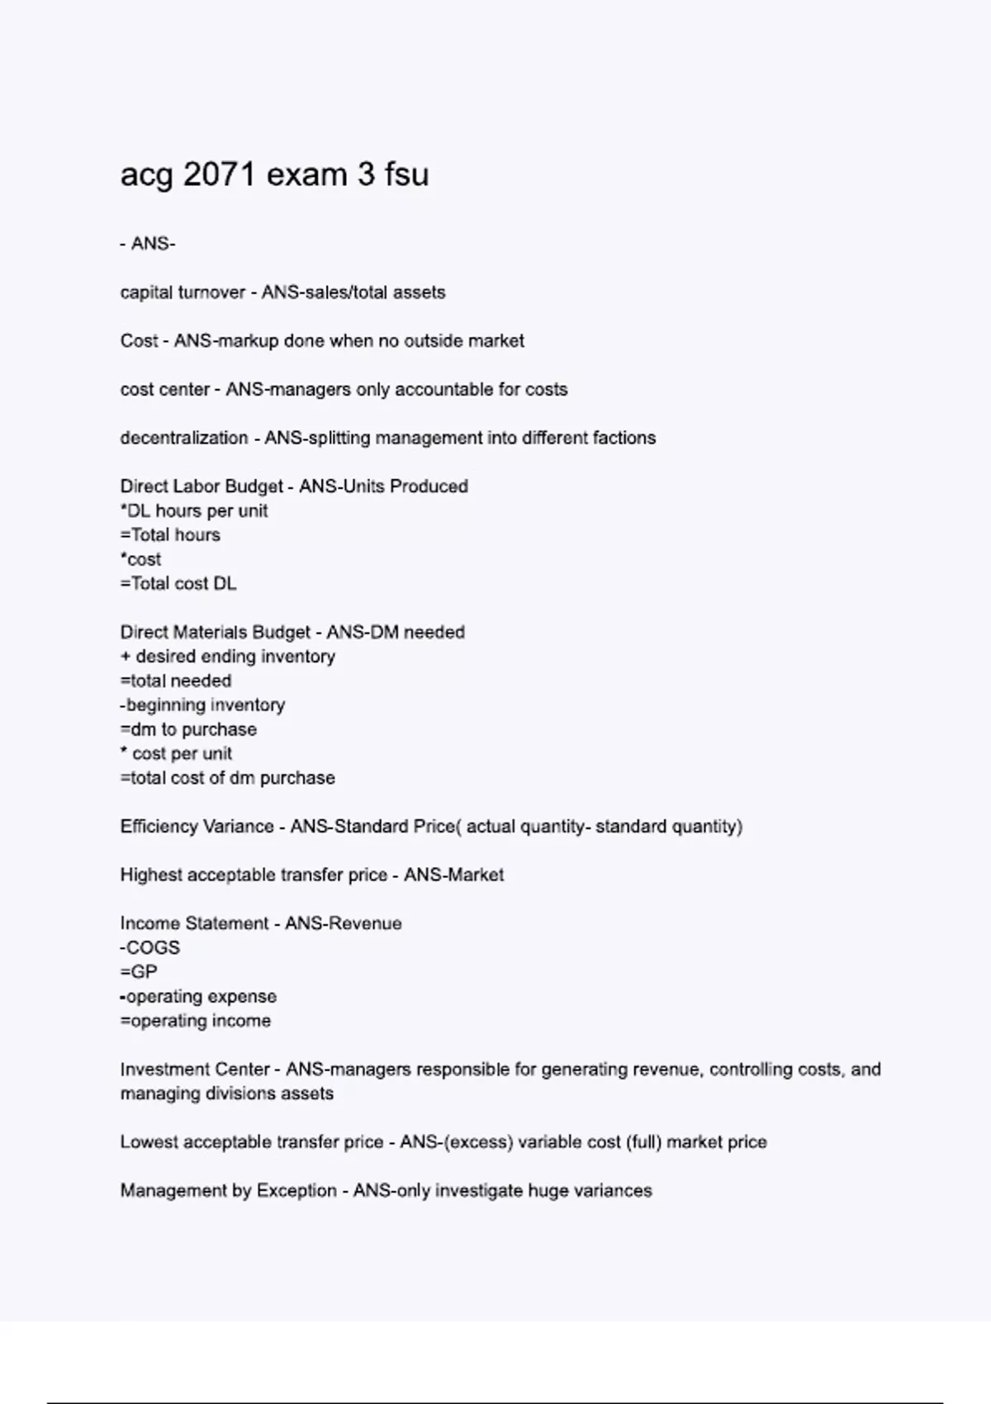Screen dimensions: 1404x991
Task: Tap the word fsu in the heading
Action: [x=406, y=174]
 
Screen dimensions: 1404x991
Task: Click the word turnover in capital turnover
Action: [x=212, y=292]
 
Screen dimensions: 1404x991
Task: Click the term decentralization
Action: [x=184, y=439]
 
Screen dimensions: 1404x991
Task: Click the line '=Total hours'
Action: [x=170, y=535]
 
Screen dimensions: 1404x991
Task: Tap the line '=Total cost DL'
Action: [x=178, y=584]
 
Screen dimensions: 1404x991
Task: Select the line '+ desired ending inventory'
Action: [x=228, y=657]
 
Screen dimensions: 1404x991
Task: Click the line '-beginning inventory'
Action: [x=202, y=705]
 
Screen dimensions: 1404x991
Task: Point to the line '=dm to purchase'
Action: [x=188, y=730]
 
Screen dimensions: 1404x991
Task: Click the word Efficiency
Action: [x=155, y=827]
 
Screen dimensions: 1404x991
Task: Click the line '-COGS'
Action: [x=150, y=948]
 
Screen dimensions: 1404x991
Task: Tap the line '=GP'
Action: [x=139, y=972]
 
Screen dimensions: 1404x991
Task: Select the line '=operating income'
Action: [x=196, y=1021]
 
